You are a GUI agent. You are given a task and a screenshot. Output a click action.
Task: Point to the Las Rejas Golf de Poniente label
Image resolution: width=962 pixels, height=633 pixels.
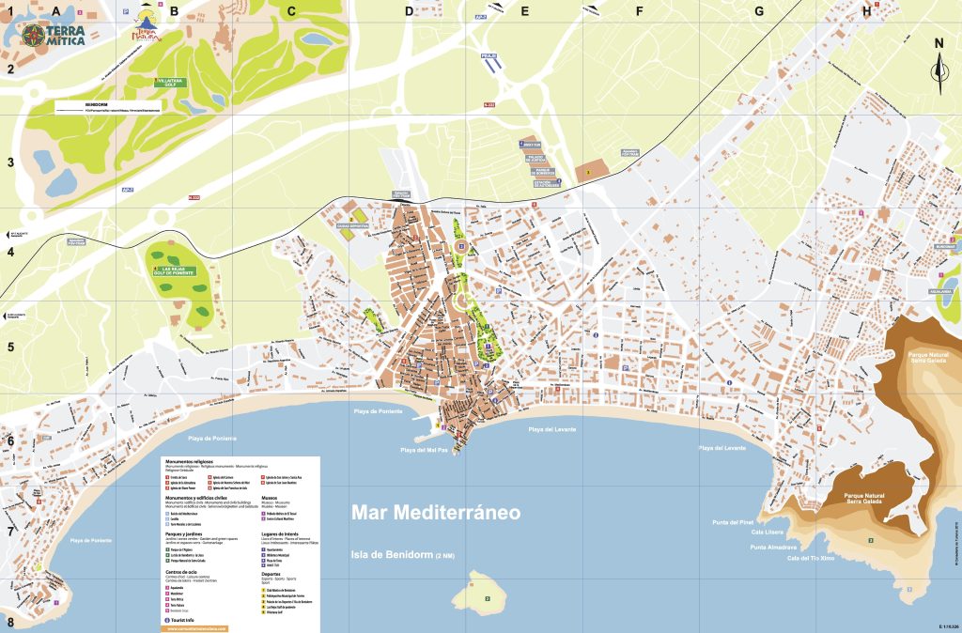pyautogui.click(x=175, y=271)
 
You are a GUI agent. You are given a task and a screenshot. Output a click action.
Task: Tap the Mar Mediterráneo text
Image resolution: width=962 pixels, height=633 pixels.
pyautogui.click(x=435, y=513)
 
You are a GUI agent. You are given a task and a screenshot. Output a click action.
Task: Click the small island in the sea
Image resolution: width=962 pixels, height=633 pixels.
pyautogui.click(x=486, y=593)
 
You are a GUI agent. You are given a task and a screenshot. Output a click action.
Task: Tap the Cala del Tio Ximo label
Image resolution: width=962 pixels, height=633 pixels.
pyautogui.click(x=810, y=558)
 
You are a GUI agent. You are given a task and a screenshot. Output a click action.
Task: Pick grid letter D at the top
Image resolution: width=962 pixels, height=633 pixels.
pyautogui.click(x=409, y=11)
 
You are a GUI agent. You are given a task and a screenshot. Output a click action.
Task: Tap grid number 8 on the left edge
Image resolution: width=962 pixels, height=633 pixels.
pyautogui.click(x=10, y=622)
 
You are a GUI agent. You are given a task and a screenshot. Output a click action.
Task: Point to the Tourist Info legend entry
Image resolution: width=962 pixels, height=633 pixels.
pyautogui.click(x=184, y=621)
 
